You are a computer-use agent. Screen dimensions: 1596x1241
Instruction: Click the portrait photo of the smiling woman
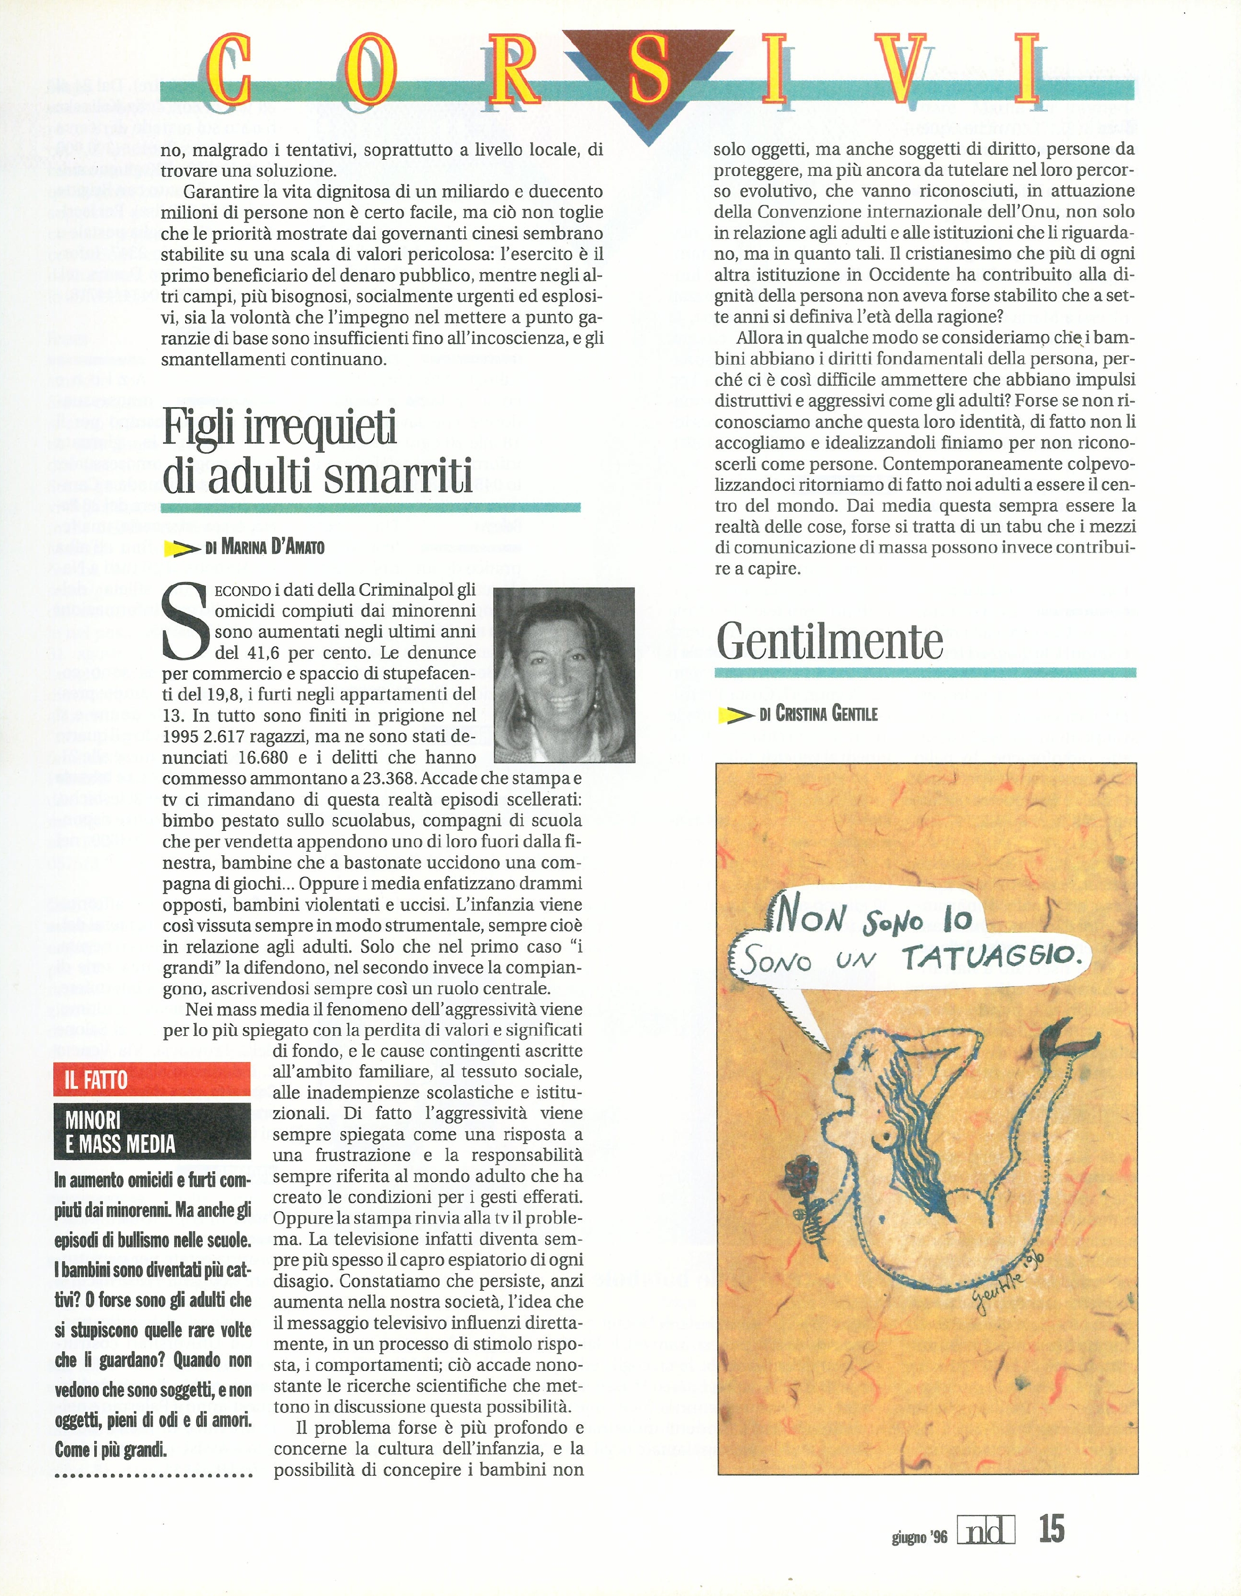(x=564, y=674)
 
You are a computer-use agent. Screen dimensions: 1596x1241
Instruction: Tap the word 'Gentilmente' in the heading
(x=829, y=641)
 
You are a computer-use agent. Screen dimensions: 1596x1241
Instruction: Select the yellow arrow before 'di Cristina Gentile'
(x=735, y=715)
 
